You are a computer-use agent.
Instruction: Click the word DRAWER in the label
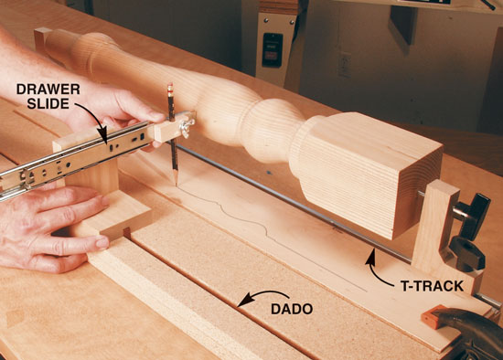click(48, 90)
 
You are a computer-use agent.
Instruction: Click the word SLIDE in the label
click(48, 103)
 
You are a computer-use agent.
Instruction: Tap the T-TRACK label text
click(432, 286)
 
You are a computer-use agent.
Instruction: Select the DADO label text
click(292, 309)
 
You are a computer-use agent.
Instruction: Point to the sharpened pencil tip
click(177, 184)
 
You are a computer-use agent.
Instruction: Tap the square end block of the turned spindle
click(372, 173)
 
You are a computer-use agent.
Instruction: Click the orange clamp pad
click(430, 316)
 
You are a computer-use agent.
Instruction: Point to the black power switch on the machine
click(272, 50)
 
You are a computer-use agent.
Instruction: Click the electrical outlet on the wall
click(345, 65)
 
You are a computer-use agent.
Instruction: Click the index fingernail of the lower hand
click(102, 243)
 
